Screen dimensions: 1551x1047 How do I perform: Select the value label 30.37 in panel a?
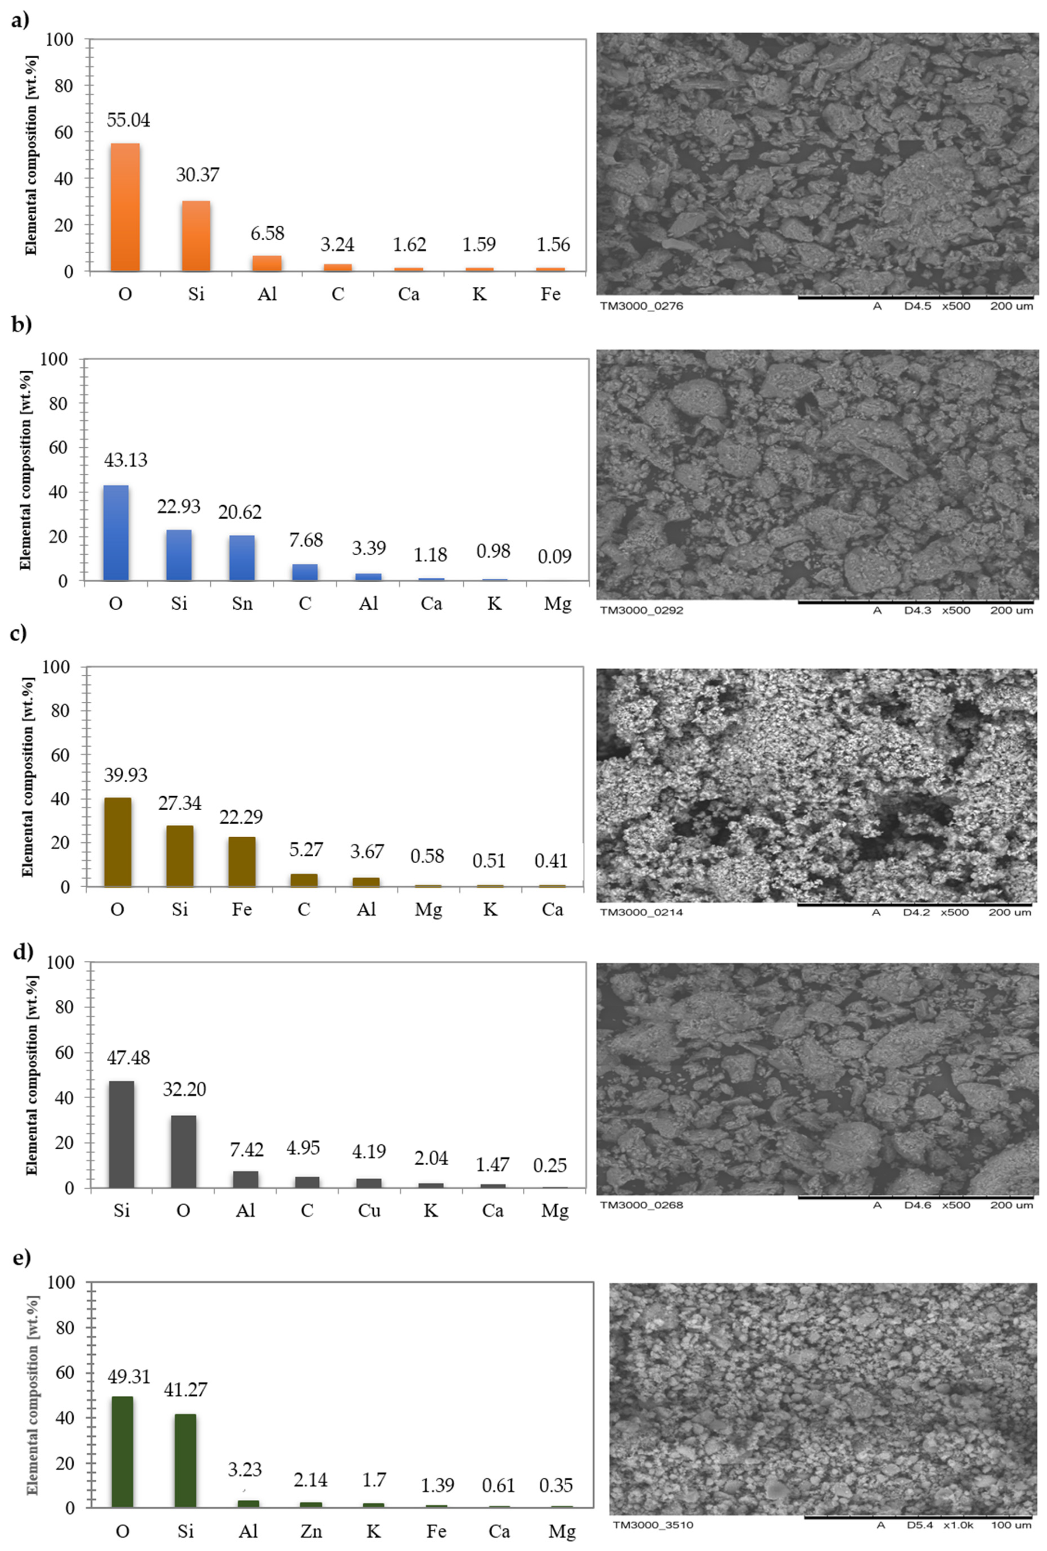197,175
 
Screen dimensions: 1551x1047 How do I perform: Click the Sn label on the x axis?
242,603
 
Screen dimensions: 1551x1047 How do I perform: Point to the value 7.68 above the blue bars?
306,540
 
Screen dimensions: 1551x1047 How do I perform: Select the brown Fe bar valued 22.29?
242,862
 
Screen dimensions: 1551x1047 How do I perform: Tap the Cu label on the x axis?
369,1211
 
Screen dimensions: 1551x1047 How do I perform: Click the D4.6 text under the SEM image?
918,1205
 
